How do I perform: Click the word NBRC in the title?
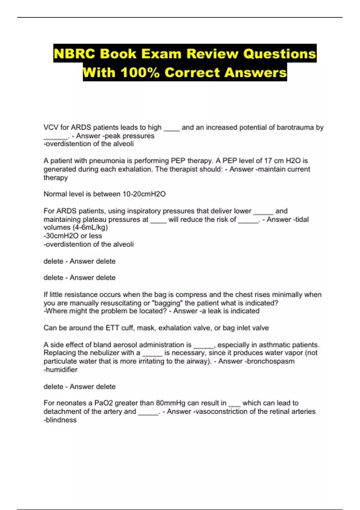(x=74, y=54)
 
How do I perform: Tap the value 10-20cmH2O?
(x=144, y=194)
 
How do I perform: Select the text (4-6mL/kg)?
(x=90, y=227)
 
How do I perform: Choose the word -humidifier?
(x=60, y=370)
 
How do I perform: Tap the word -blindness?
(x=60, y=420)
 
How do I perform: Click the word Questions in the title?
(x=280, y=54)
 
